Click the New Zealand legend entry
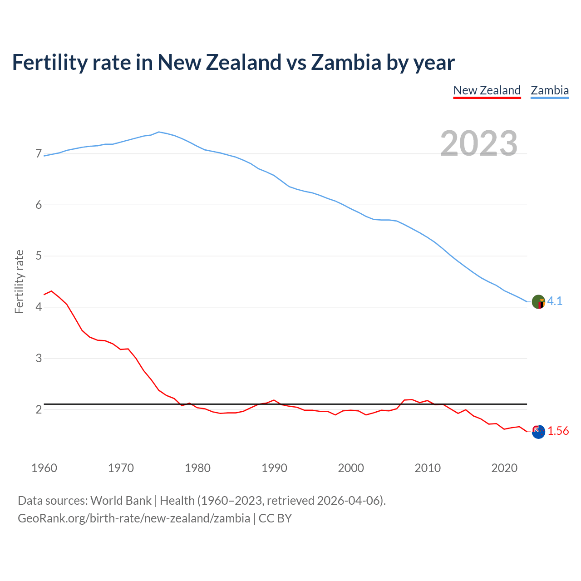coord(487,90)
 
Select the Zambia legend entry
coord(550,90)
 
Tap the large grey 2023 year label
coord(478,143)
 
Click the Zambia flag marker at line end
coord(538,302)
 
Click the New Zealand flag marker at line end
coord(538,432)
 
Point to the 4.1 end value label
coord(555,301)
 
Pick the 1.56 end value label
coord(558,431)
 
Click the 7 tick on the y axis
coord(39,154)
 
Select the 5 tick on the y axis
coord(39,256)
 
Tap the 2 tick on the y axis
coord(39,409)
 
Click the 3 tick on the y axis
coord(39,358)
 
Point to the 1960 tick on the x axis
coord(44,468)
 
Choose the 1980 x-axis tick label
coord(197,468)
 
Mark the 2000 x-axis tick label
coord(351,468)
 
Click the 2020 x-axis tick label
coord(504,468)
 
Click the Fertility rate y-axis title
coord(19,281)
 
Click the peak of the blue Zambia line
coord(158,132)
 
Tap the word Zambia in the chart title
coord(346,62)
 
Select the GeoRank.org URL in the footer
coord(134,518)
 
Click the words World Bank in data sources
coord(121,500)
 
